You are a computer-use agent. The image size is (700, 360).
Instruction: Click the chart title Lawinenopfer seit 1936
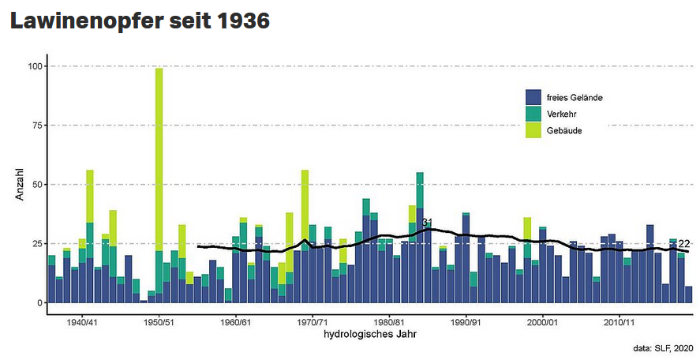(x=140, y=21)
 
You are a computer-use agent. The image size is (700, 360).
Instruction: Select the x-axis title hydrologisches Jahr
(x=370, y=335)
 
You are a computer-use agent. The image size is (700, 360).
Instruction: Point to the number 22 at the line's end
(x=684, y=244)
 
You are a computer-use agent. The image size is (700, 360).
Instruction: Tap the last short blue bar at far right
(x=689, y=294)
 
